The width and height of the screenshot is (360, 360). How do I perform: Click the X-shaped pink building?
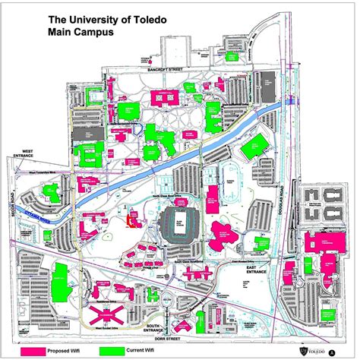106,313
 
